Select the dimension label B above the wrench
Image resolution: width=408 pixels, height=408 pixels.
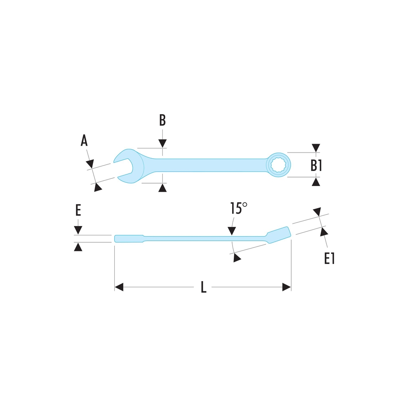(x=162, y=120)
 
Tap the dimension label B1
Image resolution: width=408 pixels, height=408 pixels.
(x=317, y=166)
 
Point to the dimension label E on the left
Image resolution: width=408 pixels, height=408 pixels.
(x=78, y=211)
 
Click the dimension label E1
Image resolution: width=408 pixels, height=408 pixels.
(x=329, y=258)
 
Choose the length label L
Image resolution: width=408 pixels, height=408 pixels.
(x=204, y=288)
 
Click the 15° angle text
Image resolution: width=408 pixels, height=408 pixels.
(x=239, y=209)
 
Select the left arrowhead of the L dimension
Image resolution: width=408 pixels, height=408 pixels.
(x=119, y=288)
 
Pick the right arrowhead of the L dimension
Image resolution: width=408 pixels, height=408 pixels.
(x=286, y=288)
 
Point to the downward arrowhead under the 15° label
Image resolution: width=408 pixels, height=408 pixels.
(x=232, y=231)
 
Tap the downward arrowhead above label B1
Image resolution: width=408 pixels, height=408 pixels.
(x=315, y=148)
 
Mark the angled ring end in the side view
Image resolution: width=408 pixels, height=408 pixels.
(x=279, y=235)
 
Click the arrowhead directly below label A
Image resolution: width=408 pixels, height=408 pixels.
(x=91, y=163)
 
